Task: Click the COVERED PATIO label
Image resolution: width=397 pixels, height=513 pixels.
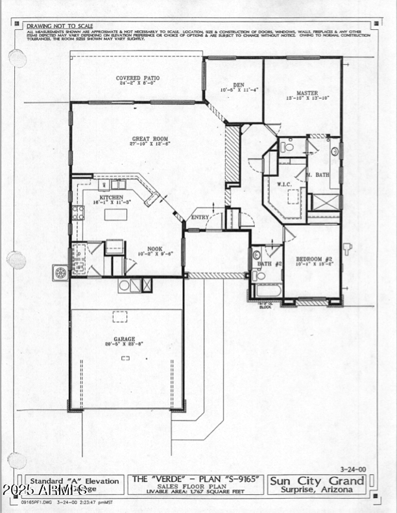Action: point(138,78)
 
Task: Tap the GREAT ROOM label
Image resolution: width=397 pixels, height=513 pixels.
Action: point(150,138)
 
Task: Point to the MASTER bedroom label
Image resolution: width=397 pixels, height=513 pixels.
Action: point(307,93)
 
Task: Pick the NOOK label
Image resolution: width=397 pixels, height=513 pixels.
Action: point(154,248)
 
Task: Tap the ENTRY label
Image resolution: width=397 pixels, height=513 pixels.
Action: point(199,217)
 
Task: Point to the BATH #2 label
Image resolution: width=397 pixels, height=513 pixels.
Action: point(269,263)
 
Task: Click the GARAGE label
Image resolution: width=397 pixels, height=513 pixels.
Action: point(125,339)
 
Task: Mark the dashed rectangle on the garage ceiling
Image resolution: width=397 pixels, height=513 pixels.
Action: point(120,316)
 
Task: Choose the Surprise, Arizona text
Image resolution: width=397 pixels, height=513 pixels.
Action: point(317,490)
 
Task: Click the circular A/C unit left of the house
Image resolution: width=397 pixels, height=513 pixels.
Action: point(61,273)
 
